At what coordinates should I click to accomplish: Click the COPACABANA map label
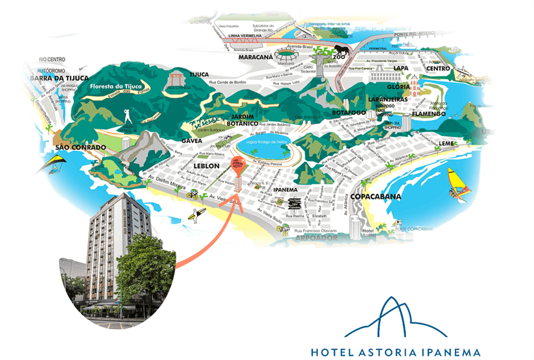(x=376, y=197)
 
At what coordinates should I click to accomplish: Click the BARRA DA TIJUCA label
(x=59, y=78)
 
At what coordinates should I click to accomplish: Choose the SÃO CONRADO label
(x=81, y=147)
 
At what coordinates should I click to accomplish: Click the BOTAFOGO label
(x=349, y=112)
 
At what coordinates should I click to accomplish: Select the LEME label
(x=448, y=143)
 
